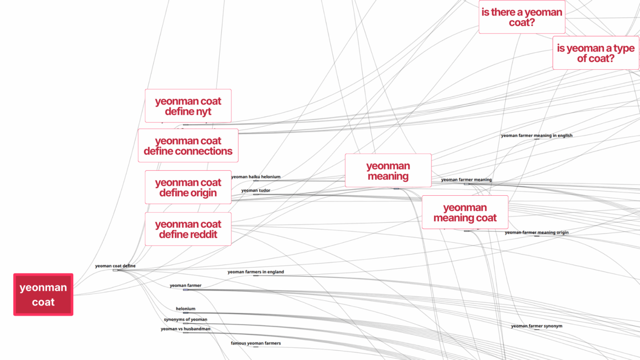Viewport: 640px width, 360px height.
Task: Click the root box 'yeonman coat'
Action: [x=43, y=295]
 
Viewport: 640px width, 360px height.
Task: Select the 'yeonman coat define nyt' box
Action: [x=188, y=106]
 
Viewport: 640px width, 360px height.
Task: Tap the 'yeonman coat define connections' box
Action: [x=188, y=146]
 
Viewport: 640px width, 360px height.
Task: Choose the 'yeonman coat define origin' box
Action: [x=188, y=187]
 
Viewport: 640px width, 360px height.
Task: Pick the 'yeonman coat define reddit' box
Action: [x=188, y=229]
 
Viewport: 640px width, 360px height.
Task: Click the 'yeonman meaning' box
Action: [x=388, y=171]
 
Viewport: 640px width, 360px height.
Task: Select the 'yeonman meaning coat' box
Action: [x=464, y=213]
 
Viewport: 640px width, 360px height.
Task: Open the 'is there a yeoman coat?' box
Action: [x=521, y=17]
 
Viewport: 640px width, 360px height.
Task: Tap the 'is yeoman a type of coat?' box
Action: [x=595, y=53]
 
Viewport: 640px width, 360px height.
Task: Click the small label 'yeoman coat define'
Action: [x=115, y=266]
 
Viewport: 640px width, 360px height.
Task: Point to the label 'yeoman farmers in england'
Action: [x=256, y=272]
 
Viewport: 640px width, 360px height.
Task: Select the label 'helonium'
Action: [x=185, y=309]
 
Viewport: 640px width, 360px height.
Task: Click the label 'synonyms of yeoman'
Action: [x=185, y=320]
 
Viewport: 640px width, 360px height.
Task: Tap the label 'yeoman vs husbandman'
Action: [x=185, y=329]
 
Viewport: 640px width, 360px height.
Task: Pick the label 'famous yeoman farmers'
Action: [x=256, y=344]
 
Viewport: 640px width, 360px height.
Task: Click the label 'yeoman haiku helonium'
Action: [x=256, y=177]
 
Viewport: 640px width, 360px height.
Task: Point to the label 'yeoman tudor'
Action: [x=256, y=191]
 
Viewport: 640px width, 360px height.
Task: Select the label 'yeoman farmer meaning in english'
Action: [x=536, y=136]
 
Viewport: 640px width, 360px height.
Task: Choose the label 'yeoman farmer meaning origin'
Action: [x=536, y=232]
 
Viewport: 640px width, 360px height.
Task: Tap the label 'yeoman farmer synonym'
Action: [x=536, y=326]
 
